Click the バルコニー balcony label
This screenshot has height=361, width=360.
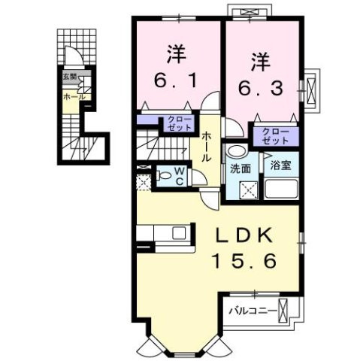click(251, 309)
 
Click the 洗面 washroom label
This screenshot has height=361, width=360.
click(241, 169)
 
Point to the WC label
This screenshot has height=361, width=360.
click(180, 176)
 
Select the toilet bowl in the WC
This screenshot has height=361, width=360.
click(165, 178)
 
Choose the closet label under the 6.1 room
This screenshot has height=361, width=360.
click(178, 123)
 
